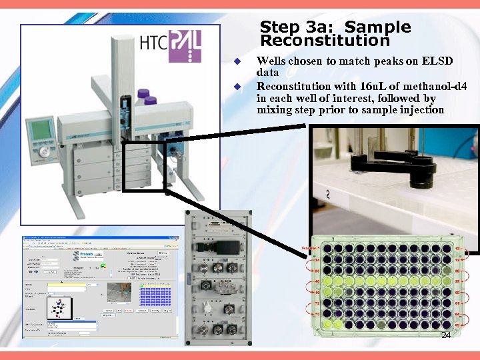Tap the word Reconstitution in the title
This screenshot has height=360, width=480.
click(x=325, y=41)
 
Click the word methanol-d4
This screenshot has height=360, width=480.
click(x=435, y=87)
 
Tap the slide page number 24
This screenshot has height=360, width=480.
click(x=446, y=335)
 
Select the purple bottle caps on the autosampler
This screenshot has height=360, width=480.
click(x=146, y=97)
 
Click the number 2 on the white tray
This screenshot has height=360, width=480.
click(x=327, y=194)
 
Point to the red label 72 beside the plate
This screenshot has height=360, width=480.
click(x=317, y=303)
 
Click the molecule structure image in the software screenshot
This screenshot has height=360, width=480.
click(x=61, y=308)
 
